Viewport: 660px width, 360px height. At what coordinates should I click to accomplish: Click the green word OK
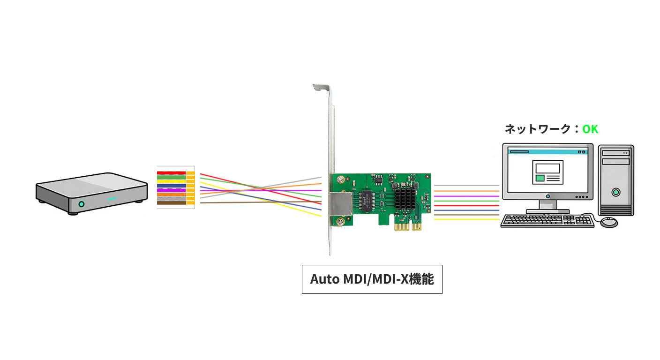pos(590,129)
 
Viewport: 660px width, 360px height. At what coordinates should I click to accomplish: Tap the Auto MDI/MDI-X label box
pos(372,279)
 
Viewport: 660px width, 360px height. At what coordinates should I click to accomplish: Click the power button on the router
pos(81,204)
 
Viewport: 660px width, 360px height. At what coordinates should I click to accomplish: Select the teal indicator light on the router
pos(112,199)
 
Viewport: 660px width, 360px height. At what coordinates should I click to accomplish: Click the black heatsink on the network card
pos(405,199)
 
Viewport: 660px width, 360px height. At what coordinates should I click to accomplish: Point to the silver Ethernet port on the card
pos(341,204)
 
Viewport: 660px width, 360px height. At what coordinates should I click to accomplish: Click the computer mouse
pos(609,222)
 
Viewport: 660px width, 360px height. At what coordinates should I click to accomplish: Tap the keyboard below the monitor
pos(547,221)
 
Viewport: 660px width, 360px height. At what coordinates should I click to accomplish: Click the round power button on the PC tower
pos(616,192)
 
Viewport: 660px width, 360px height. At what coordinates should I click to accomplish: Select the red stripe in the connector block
pos(172,173)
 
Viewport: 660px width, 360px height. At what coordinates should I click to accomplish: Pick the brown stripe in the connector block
pos(172,203)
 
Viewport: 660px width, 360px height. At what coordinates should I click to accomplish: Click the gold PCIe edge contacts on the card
pos(408,227)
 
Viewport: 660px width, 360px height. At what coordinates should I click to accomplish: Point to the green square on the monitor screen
pos(540,178)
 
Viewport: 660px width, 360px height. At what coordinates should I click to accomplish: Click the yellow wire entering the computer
pos(466,219)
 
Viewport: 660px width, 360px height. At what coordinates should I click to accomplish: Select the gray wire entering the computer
pos(466,186)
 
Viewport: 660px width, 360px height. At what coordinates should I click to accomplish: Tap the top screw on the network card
pos(341,179)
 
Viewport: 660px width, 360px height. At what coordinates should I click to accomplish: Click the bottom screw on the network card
pos(341,222)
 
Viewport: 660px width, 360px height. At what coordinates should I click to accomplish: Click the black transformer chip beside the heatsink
pos(367,201)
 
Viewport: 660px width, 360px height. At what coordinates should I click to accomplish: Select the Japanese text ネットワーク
pos(538,129)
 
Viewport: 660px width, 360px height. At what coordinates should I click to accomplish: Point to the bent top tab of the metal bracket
pos(321,87)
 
